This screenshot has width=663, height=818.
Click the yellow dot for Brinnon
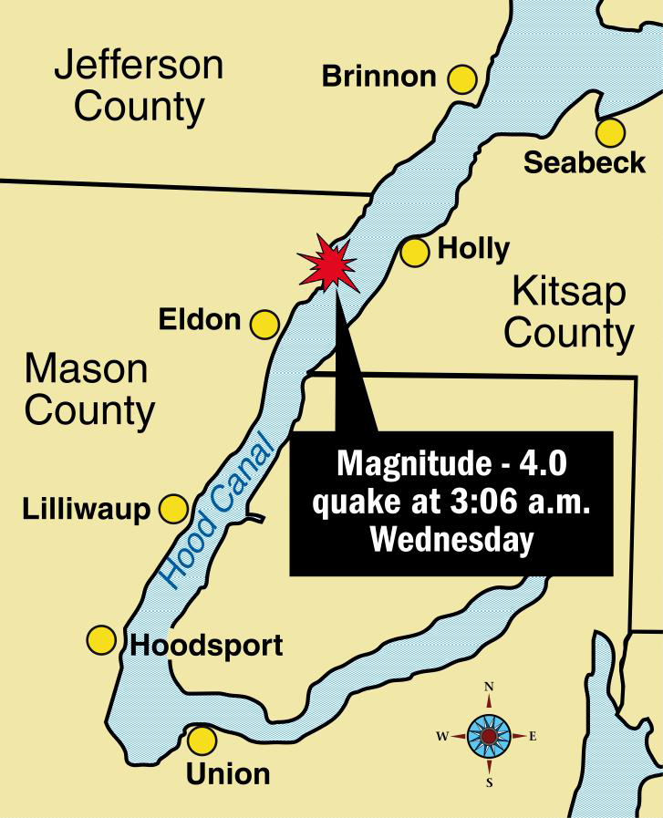coord(463,78)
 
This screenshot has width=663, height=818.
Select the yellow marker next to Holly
coord(415,252)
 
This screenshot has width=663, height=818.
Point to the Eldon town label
coord(199,320)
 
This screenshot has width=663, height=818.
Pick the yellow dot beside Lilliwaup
coord(173,508)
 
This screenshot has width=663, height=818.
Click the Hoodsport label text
coord(207,646)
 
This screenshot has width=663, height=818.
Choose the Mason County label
coord(88,389)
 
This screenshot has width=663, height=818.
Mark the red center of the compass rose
coord(489,735)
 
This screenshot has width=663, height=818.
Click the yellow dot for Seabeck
coord(610,132)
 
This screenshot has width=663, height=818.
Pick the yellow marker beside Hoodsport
coord(100,640)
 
